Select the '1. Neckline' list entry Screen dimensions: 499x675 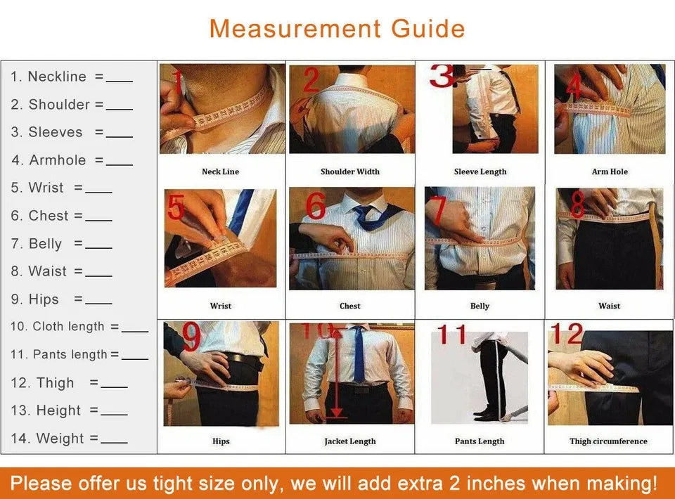click(49, 77)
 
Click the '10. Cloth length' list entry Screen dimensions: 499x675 click(57, 327)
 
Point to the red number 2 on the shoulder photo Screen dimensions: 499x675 click(310, 81)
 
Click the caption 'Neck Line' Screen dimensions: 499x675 click(220, 171)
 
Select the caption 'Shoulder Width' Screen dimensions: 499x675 click(349, 171)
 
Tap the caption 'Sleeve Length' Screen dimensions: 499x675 click(480, 171)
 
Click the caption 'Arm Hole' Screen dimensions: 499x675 click(610, 171)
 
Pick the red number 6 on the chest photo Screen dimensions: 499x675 click(315, 207)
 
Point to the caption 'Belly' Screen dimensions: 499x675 click(480, 306)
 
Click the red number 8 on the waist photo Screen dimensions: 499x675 click(577, 205)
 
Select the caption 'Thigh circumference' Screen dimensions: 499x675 click(609, 441)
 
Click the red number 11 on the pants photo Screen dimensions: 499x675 click(452, 335)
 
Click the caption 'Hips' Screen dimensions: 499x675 click(220, 441)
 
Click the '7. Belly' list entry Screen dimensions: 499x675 click(37, 244)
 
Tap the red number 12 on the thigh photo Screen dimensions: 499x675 click(566, 334)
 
